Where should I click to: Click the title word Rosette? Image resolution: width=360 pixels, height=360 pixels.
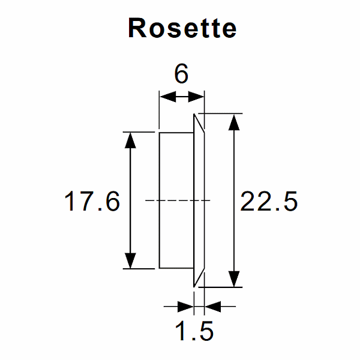182,28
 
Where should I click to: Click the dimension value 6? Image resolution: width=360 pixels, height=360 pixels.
181,74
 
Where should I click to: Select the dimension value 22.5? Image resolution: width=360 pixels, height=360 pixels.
269,202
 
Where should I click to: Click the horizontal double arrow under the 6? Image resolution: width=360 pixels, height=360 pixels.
181,97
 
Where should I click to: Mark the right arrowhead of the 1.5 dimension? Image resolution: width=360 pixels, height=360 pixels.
212,307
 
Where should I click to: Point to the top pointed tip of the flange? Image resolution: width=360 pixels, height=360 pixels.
194,115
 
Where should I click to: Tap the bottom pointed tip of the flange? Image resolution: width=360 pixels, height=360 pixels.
194,285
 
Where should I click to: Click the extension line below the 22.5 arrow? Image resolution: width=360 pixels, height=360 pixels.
222,287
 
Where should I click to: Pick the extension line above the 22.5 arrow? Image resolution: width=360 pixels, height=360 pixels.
222,113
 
